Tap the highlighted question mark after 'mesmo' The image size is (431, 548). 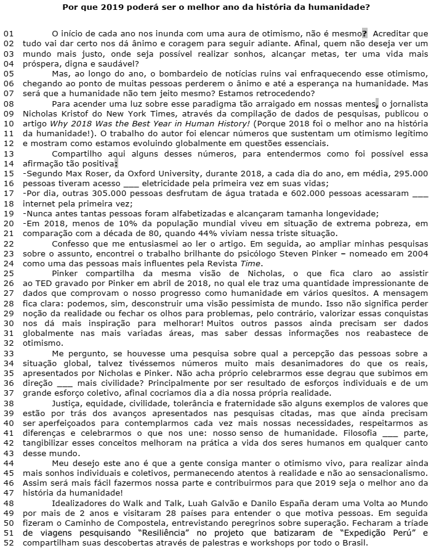click(x=365, y=32)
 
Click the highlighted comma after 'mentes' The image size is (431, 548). click(x=376, y=104)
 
